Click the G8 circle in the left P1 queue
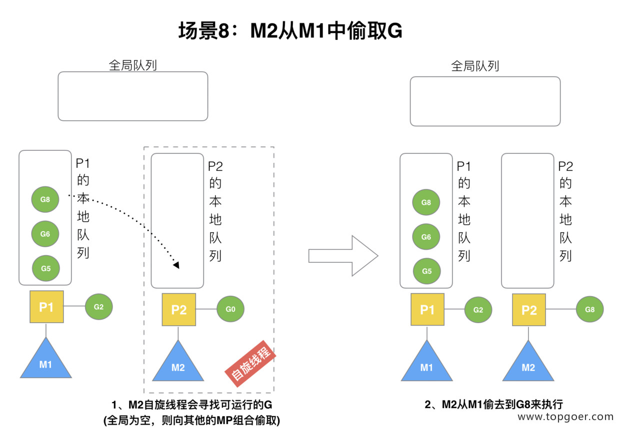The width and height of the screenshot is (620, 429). [45, 199]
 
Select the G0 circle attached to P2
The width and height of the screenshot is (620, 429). [230, 309]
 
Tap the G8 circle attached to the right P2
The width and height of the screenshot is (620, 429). [589, 310]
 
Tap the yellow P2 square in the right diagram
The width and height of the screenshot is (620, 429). [529, 310]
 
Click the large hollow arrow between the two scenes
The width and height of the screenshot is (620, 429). [343, 256]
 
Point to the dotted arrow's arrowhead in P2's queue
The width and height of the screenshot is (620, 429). [175, 264]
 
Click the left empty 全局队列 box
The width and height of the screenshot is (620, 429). [132, 96]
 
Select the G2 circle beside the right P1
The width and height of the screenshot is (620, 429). [478, 310]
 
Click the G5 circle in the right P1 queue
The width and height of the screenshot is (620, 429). [426, 271]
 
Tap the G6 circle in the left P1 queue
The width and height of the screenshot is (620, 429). [45, 233]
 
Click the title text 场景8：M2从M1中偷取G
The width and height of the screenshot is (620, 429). [290, 31]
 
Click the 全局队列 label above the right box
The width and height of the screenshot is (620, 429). [474, 66]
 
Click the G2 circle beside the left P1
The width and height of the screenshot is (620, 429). [98, 307]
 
